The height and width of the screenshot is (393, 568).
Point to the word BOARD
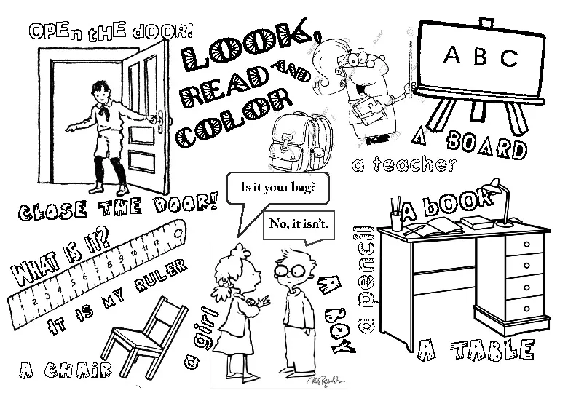(x=487, y=144)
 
